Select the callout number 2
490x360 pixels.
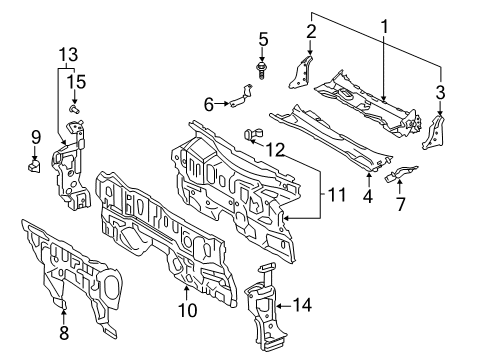coord(310,32)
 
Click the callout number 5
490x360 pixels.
coord(264,39)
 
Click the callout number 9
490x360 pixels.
coord(35,135)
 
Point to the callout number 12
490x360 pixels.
coord(275,151)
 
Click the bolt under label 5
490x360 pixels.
coord(264,71)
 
